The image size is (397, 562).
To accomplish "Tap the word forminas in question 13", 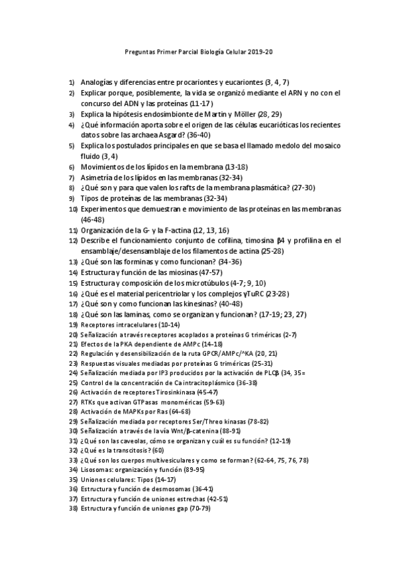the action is pos(137,262).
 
